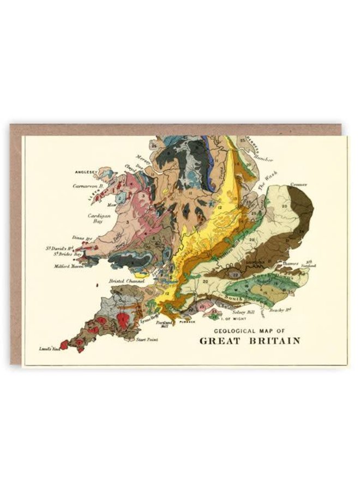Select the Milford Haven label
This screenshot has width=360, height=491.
coord(68,267)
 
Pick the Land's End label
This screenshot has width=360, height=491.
coord(47,348)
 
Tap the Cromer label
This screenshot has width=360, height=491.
coord(299,185)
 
